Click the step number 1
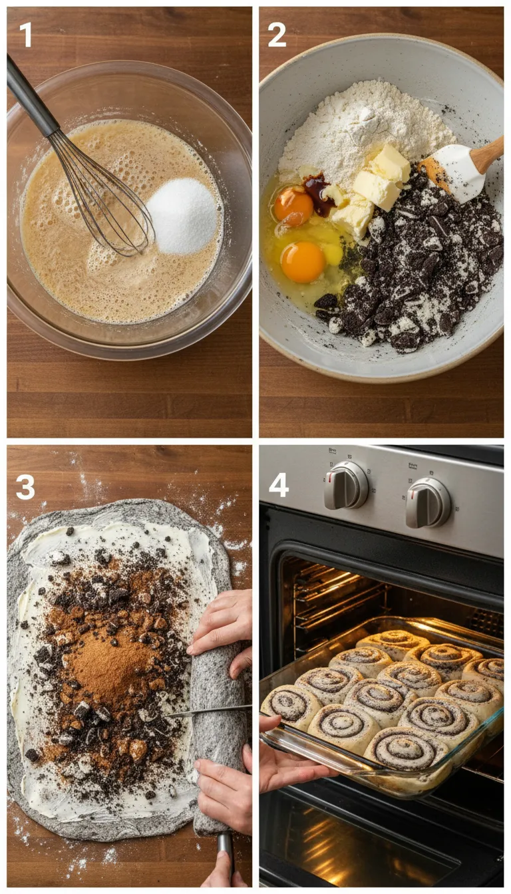tap(25, 35)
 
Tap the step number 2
tap(277, 35)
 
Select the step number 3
tap(25, 487)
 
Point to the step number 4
tap(278, 485)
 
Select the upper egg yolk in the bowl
tap(293, 206)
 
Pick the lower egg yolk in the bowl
tap(302, 262)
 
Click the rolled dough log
tap(218, 738)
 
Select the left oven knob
tap(345, 485)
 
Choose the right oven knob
tap(427, 502)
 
